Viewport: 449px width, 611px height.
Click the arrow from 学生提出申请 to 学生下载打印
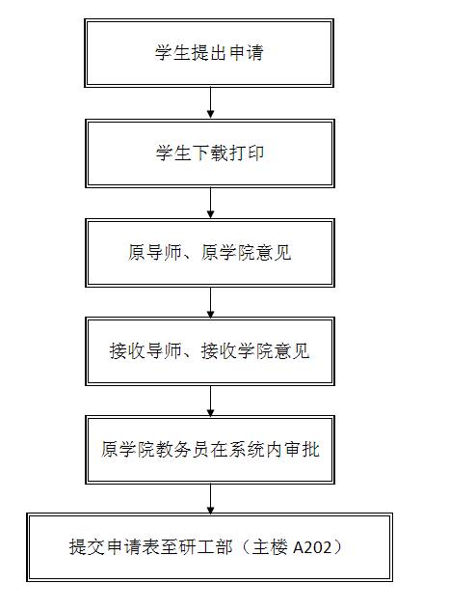click(x=210, y=102)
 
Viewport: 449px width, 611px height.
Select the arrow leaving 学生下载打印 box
click(x=210, y=203)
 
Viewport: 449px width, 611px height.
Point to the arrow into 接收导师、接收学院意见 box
click(x=210, y=302)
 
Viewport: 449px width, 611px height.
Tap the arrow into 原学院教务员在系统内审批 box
click(x=210, y=401)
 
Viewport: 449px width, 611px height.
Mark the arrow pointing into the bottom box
click(x=210, y=499)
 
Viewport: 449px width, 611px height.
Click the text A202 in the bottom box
click(x=312, y=547)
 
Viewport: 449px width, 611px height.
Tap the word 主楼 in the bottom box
click(x=270, y=547)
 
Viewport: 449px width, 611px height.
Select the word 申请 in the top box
click(x=247, y=52)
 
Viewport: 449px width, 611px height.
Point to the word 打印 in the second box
click(x=247, y=153)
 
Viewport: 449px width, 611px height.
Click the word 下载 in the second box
click(x=210, y=153)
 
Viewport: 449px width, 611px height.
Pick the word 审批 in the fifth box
click(x=302, y=449)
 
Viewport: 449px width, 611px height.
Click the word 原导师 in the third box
click(x=155, y=252)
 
